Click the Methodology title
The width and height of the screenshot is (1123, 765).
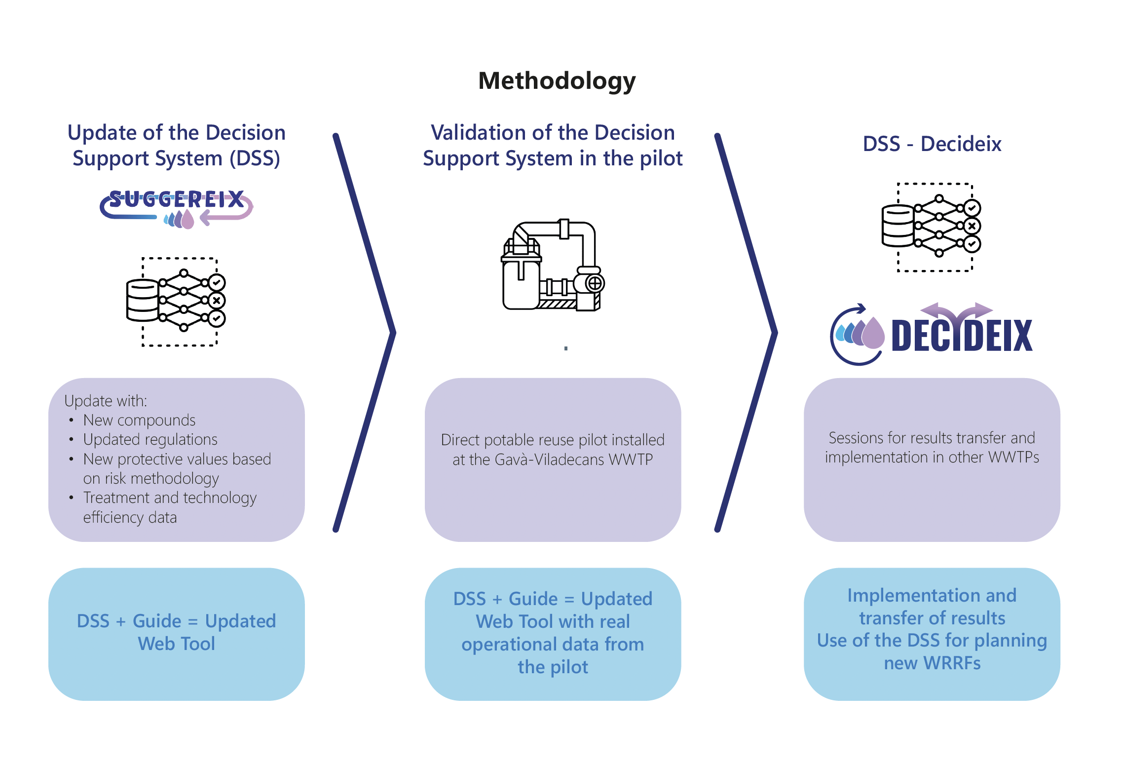[x=557, y=81]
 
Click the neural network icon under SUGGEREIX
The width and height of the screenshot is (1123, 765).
[x=176, y=301]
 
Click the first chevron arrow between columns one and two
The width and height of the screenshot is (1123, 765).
[x=365, y=333]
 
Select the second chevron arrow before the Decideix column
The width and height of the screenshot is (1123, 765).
[x=747, y=333]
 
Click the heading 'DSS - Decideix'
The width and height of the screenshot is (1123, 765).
[x=932, y=144]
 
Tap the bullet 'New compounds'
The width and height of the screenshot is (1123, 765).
[x=139, y=420]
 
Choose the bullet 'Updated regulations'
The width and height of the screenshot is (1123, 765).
[x=150, y=439]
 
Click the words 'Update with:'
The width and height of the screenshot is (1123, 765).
[x=106, y=401]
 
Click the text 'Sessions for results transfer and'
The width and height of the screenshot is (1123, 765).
[x=932, y=438]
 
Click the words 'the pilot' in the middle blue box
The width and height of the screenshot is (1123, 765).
[x=553, y=667]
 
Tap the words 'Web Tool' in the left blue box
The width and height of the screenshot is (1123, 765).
[x=176, y=644]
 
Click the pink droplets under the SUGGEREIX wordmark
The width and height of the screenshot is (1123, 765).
[x=179, y=219]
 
